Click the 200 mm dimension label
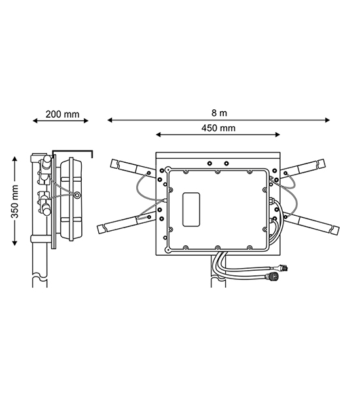[62, 114]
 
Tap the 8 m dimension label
[219, 113]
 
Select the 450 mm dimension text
[218, 128]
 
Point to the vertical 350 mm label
[14, 201]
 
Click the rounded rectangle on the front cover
[191, 209]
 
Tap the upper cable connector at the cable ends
[285, 268]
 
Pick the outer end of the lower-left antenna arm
[100, 230]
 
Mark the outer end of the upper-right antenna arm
[323, 163]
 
